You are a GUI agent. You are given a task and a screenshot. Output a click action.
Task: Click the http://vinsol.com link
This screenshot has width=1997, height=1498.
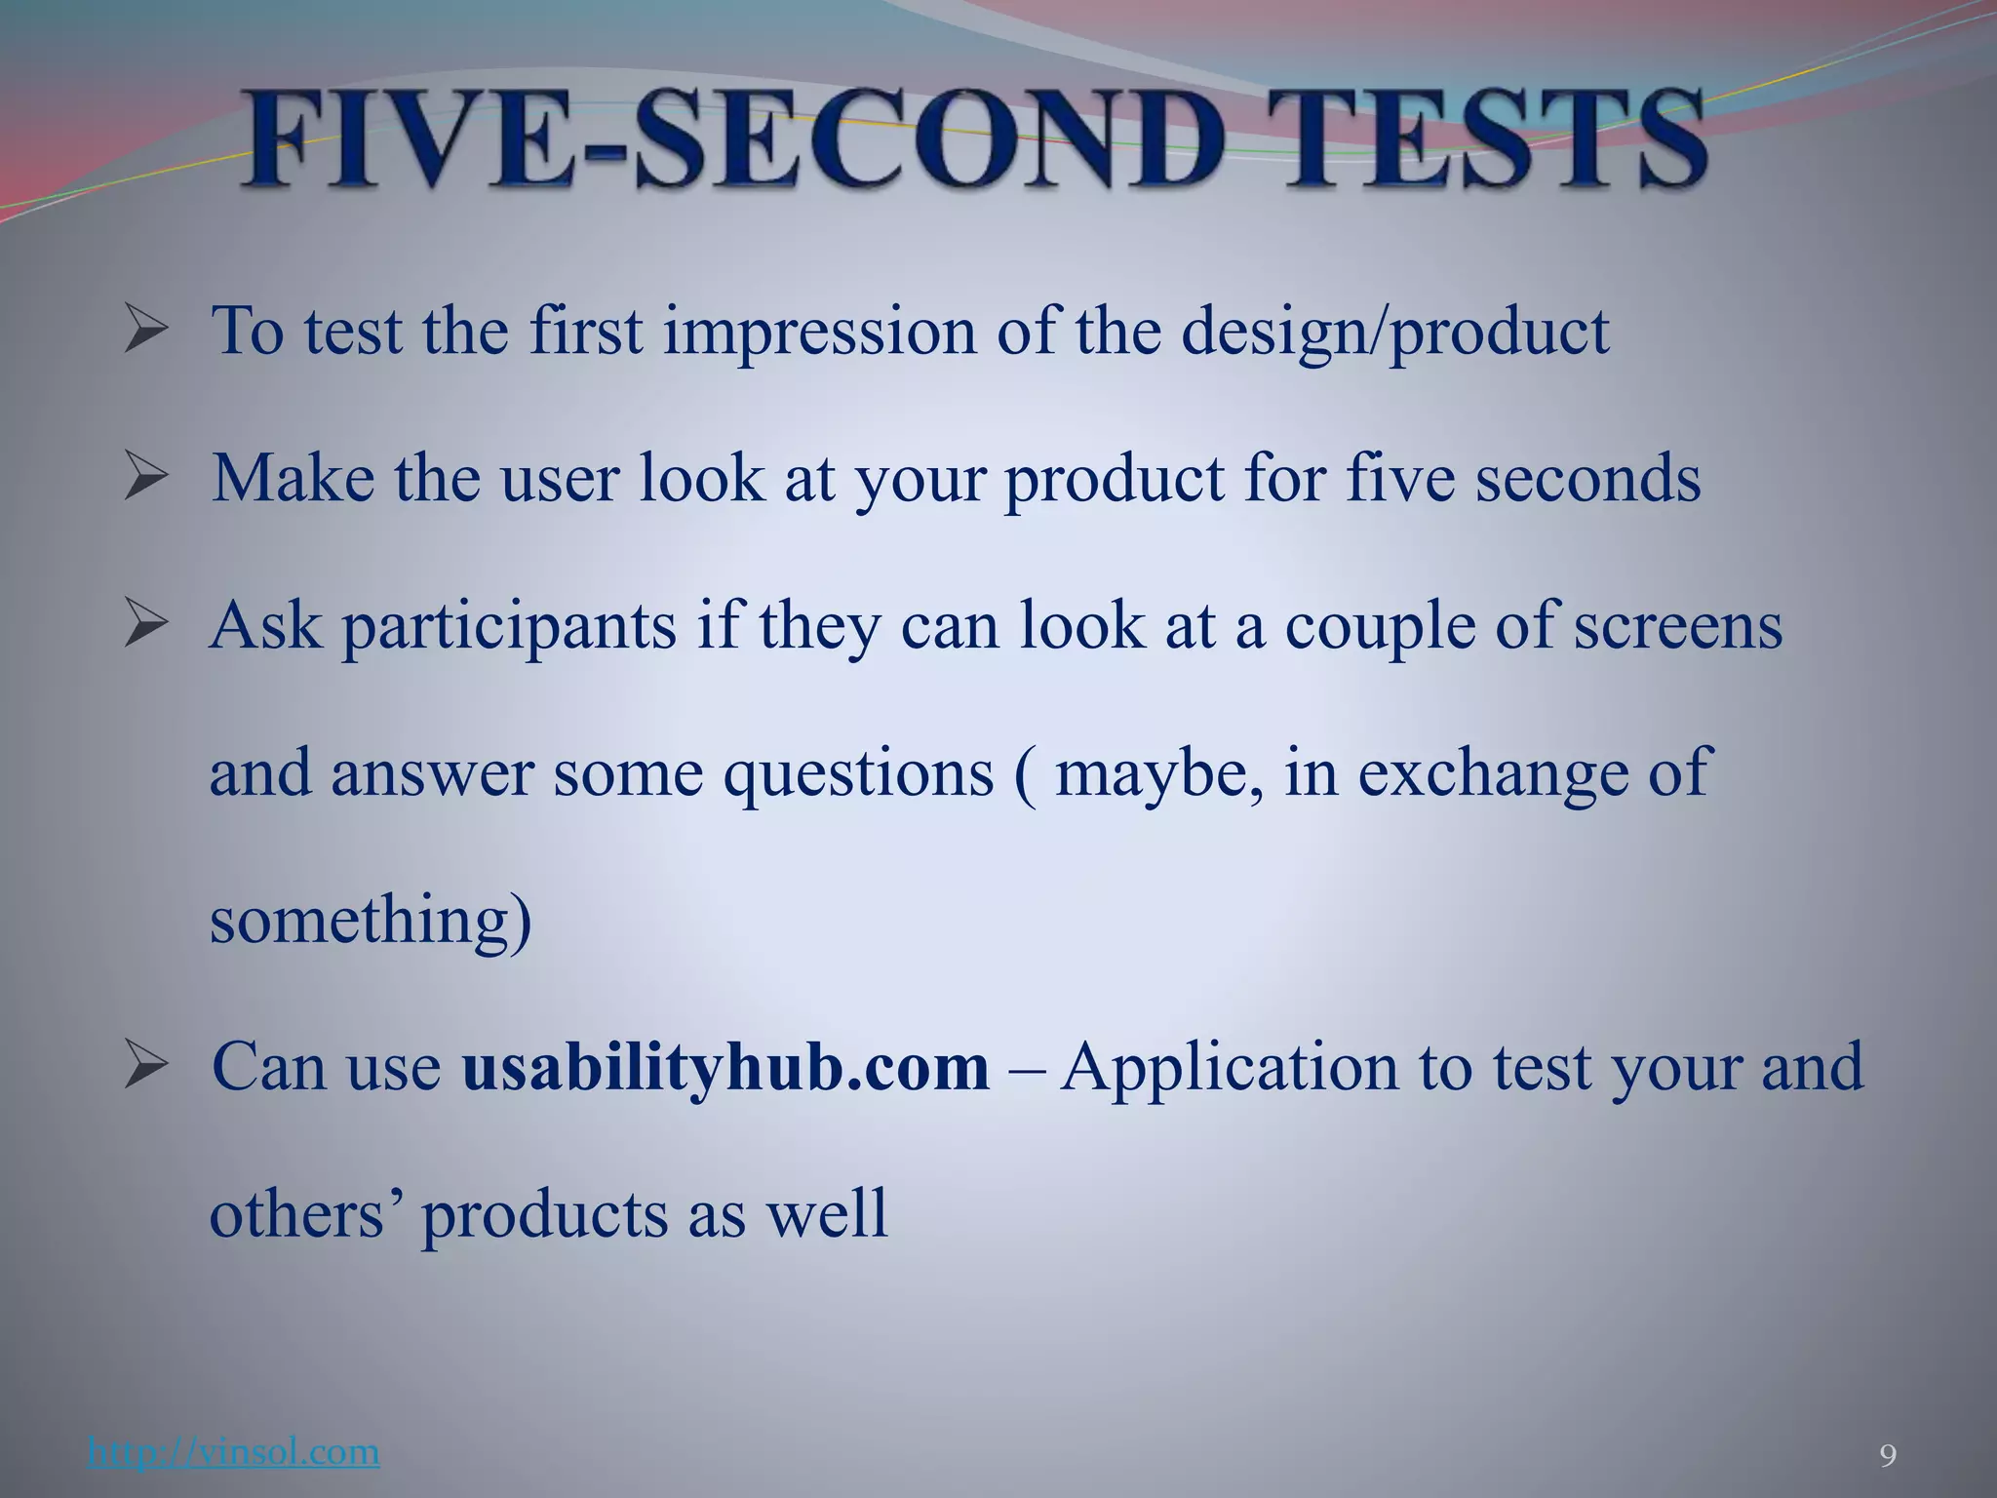point(233,1452)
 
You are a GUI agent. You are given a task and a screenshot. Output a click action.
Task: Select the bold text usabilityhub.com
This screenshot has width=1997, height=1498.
point(725,1067)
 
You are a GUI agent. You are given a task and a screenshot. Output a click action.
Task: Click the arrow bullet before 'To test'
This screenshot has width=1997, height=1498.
point(146,333)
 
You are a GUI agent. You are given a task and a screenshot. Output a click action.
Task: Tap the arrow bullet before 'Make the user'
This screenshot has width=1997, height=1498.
point(146,480)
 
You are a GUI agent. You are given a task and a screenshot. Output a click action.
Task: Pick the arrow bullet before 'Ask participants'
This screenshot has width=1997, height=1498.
point(146,627)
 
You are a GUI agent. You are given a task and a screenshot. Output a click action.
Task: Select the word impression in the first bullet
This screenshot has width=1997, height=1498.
point(819,333)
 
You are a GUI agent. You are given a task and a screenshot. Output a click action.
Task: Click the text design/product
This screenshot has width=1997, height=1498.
point(1394,333)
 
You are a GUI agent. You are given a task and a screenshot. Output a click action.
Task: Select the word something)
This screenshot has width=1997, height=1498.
point(371,922)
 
